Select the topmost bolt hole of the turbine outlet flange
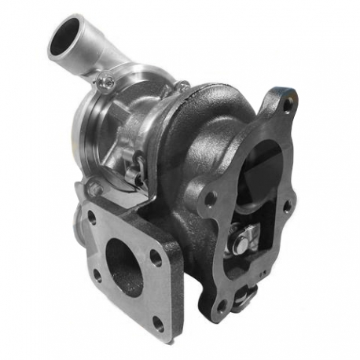288,102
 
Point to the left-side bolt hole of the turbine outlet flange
210,197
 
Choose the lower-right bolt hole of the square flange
159,321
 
